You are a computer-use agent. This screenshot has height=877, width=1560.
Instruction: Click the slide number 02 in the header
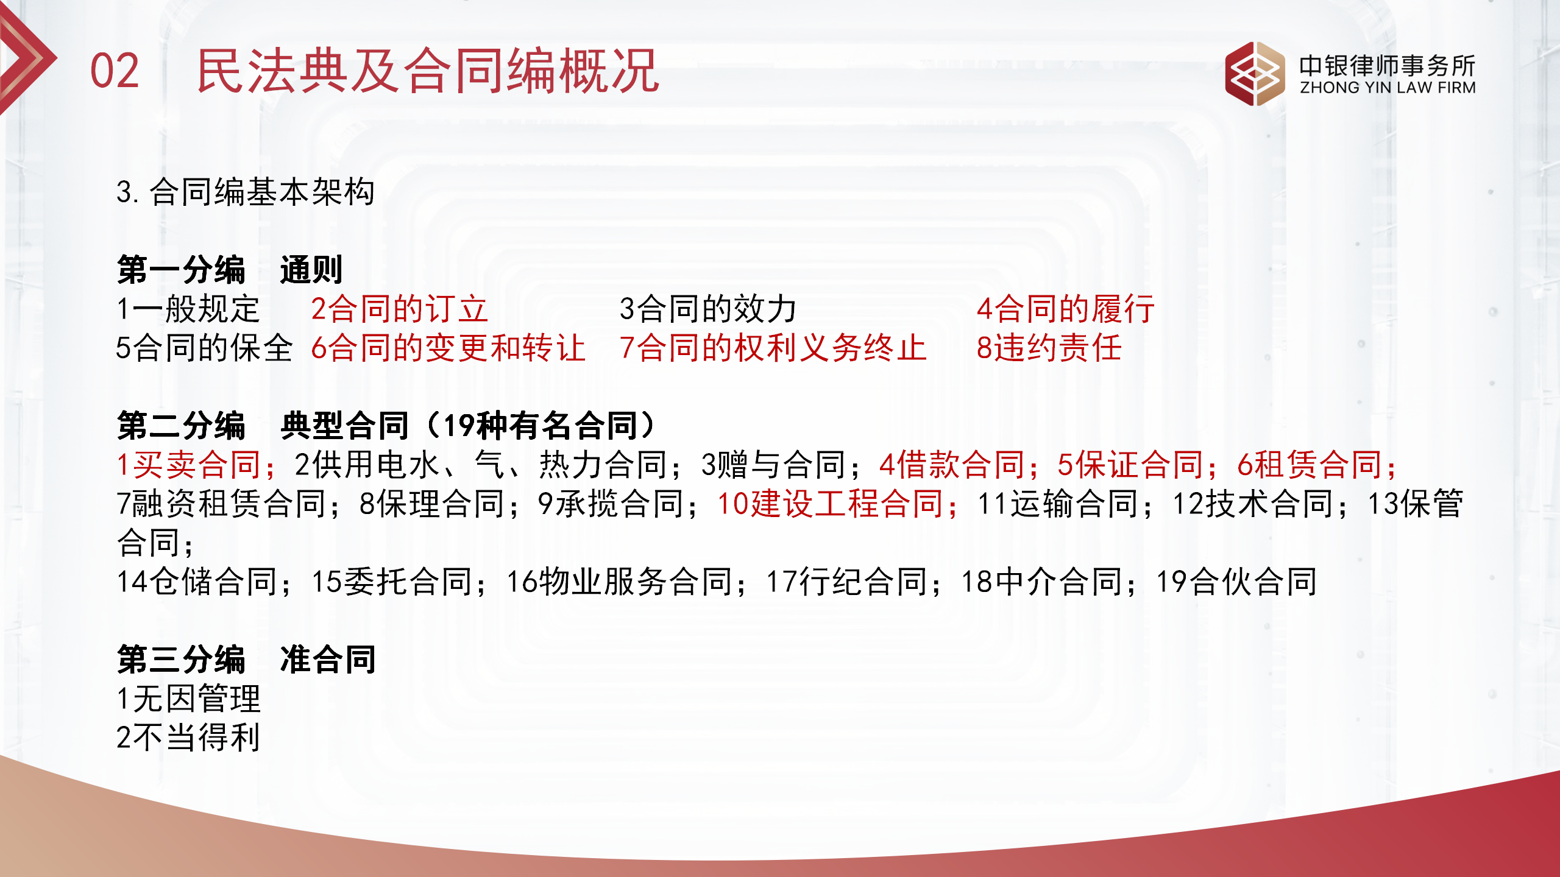[115, 71]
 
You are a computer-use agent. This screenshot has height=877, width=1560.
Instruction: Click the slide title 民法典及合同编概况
[428, 71]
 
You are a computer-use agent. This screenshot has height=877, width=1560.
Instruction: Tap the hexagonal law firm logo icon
[1254, 74]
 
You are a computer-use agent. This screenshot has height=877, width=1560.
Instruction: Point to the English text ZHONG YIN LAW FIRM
[1388, 88]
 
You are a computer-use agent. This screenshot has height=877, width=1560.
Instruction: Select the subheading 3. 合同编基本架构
[246, 192]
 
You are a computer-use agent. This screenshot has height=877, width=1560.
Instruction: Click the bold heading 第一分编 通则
[230, 270]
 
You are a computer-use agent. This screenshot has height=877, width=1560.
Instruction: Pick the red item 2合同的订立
[399, 309]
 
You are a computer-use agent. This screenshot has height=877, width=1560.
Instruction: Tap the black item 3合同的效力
[708, 309]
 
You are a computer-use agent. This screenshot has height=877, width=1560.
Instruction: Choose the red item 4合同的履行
[1065, 309]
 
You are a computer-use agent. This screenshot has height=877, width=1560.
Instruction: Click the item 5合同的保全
[205, 348]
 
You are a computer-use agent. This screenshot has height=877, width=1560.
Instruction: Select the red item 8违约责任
[1049, 348]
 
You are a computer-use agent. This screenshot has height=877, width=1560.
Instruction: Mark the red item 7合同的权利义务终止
[773, 348]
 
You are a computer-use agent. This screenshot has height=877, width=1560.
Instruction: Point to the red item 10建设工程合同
[835, 504]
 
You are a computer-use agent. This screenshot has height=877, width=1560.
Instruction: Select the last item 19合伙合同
[1236, 582]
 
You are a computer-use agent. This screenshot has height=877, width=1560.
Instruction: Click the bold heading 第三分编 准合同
[246, 660]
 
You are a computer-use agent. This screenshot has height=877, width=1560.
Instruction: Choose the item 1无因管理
[188, 699]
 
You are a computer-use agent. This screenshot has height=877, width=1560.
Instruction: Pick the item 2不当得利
[188, 738]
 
